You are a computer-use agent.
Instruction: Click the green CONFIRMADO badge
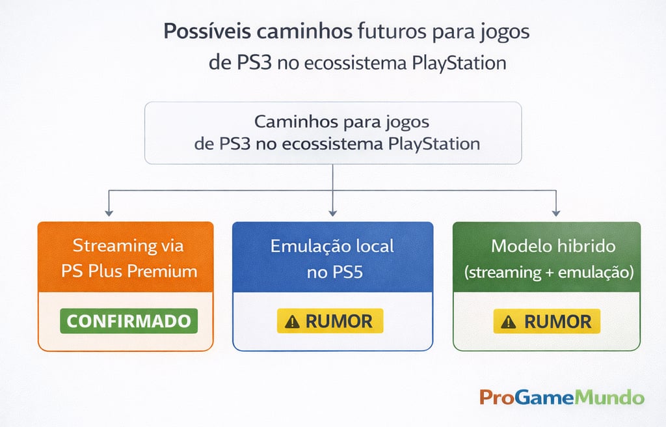pyautogui.click(x=128, y=321)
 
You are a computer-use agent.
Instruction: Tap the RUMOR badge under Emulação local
pyautogui.click(x=330, y=321)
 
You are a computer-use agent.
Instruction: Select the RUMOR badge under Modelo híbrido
pyautogui.click(x=546, y=321)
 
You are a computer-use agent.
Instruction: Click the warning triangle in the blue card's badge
pyautogui.click(x=293, y=322)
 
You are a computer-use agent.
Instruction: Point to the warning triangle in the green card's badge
pyautogui.click(x=509, y=322)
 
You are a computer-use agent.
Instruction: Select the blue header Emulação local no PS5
pyautogui.click(x=332, y=257)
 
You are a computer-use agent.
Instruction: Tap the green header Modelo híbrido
pyautogui.click(x=546, y=257)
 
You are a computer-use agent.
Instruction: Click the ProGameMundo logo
pyautogui.click(x=562, y=397)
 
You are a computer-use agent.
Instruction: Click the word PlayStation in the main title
pyautogui.click(x=459, y=63)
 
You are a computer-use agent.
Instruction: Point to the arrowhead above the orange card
pyautogui.click(x=109, y=212)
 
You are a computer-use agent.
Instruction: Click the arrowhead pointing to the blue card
pyautogui.click(x=333, y=212)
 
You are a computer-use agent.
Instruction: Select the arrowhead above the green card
pyautogui.click(x=555, y=212)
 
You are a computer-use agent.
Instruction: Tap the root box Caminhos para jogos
pyautogui.click(x=332, y=132)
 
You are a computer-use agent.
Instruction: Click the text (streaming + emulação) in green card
pyautogui.click(x=548, y=272)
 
